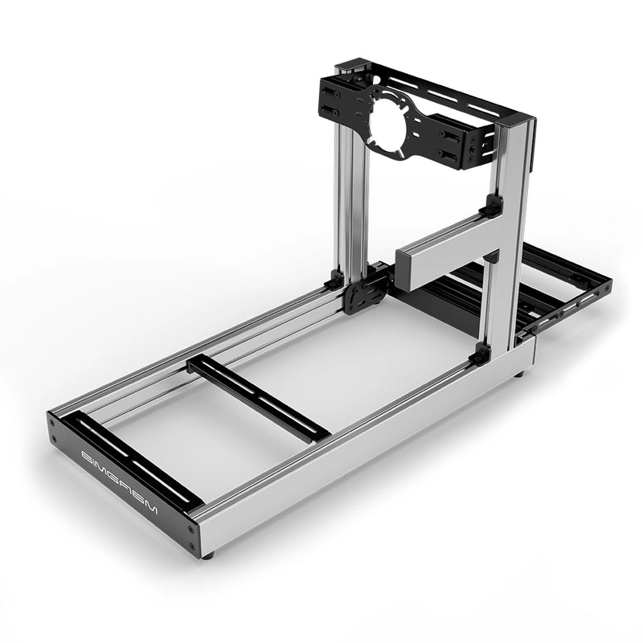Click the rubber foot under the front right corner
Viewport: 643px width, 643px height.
208,554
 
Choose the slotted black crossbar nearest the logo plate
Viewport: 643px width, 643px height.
133,461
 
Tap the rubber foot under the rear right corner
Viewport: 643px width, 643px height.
521,373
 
